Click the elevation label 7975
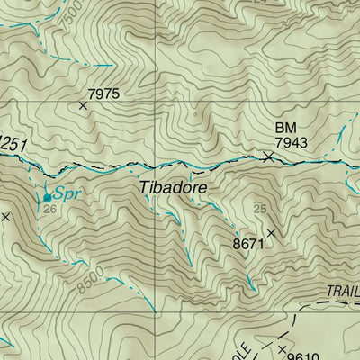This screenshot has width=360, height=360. click(103, 93)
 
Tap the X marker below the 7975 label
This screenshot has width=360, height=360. click(83, 106)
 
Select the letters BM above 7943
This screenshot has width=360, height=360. click(283, 130)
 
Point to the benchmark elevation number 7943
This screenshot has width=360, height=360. click(291, 143)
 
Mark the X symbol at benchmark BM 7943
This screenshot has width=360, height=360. click(268, 157)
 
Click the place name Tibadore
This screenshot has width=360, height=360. click(174, 188)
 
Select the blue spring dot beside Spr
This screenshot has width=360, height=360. click(47, 196)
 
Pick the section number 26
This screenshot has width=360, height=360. click(50, 210)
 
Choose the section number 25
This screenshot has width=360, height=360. click(260, 210)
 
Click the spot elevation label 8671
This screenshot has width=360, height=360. click(248, 243)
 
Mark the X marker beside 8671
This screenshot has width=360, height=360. click(270, 232)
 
